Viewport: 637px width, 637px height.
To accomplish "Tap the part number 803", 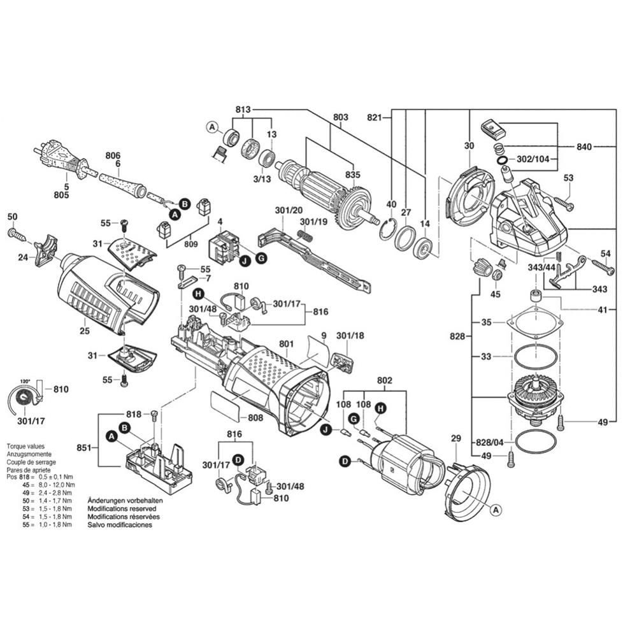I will point(341,117).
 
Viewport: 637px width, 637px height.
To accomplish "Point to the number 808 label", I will point(255,419).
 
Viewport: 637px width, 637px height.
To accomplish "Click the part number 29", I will point(455,438).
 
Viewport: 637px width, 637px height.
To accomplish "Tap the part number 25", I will point(85,331).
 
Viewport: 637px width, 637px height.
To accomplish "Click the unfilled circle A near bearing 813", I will point(212,128).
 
